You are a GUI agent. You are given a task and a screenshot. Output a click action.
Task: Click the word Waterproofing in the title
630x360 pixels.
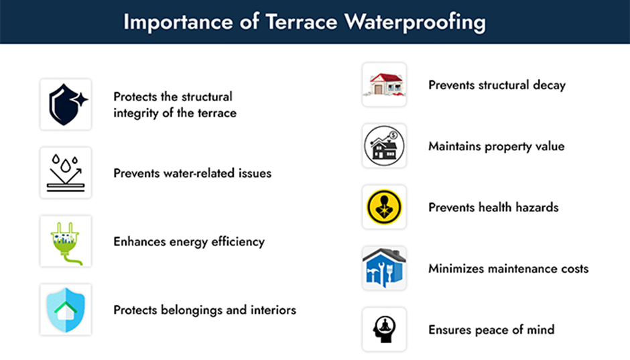click(x=415, y=21)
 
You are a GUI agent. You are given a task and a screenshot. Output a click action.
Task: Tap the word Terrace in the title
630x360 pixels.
click(x=302, y=21)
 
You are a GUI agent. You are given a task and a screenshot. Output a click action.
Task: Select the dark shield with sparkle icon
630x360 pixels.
click(x=66, y=105)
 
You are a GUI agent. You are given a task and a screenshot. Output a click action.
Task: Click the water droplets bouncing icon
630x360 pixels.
click(x=66, y=173)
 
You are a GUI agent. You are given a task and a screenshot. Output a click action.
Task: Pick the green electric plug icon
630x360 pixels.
click(x=66, y=243)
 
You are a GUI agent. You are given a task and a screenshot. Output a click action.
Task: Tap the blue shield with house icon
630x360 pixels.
click(x=66, y=310)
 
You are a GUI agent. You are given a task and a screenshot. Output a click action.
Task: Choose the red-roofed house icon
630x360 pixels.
click(x=384, y=84)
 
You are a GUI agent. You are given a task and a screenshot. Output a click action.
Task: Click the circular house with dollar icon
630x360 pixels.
click(x=384, y=146)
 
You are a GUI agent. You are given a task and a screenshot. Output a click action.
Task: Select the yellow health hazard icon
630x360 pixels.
click(x=384, y=207)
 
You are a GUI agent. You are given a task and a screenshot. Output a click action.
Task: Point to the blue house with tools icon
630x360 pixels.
click(x=384, y=268)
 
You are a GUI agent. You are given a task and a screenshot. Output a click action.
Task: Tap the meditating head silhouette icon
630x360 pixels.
click(x=385, y=329)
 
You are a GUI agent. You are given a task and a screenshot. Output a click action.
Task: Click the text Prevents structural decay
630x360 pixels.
click(x=497, y=85)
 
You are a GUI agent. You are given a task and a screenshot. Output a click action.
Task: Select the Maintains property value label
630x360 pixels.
click(x=496, y=147)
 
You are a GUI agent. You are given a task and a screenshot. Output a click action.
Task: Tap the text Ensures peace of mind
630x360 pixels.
click(x=491, y=330)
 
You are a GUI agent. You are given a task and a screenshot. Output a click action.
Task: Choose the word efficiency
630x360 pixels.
click(x=238, y=242)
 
